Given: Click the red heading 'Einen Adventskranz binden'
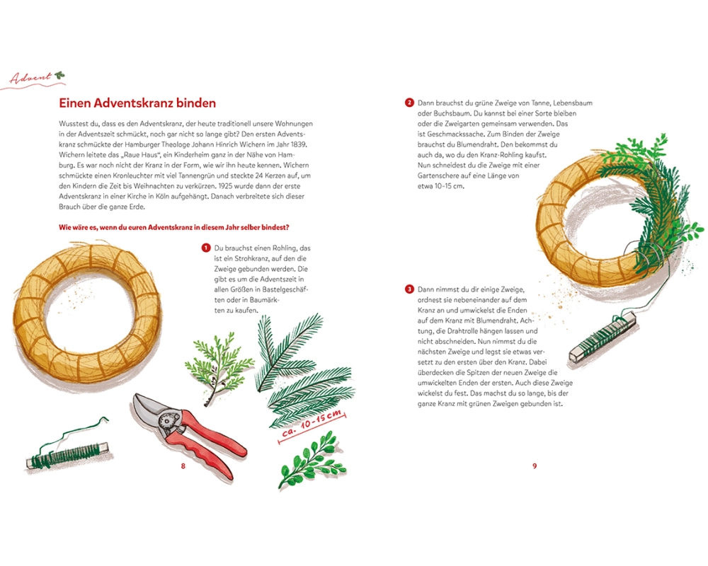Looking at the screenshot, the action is coord(137,103).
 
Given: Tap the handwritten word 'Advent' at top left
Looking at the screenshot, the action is coord(30,78).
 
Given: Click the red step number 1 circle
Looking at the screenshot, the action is coord(206,248).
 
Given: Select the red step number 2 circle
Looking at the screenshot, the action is coord(409,103).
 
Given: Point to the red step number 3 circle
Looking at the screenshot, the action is coord(409,289).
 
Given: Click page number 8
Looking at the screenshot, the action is coord(183,466).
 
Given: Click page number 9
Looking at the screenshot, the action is coord(535,466).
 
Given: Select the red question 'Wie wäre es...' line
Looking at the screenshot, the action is coord(174,228).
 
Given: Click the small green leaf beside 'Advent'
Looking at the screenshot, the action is coord(59,76).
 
